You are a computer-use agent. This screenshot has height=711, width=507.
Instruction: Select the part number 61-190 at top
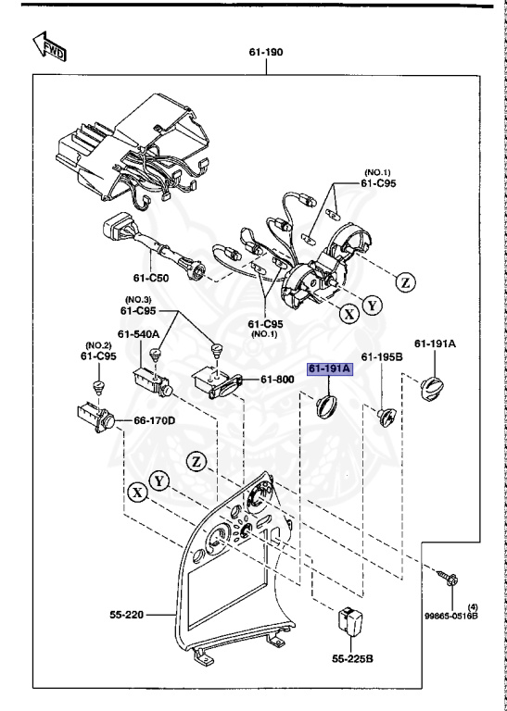266,52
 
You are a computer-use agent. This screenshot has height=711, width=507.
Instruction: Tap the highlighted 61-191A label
331,369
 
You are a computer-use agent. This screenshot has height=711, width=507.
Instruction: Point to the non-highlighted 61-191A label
435,343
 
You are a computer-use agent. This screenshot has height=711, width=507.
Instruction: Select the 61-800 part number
277,379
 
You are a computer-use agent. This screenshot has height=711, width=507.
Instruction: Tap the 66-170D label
154,420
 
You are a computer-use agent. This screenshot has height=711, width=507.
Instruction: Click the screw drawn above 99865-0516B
447,580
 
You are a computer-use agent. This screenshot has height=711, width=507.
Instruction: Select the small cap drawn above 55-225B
349,619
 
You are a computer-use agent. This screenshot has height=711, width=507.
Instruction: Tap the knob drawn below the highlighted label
327,405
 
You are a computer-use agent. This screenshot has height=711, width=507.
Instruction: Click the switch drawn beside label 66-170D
94,418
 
